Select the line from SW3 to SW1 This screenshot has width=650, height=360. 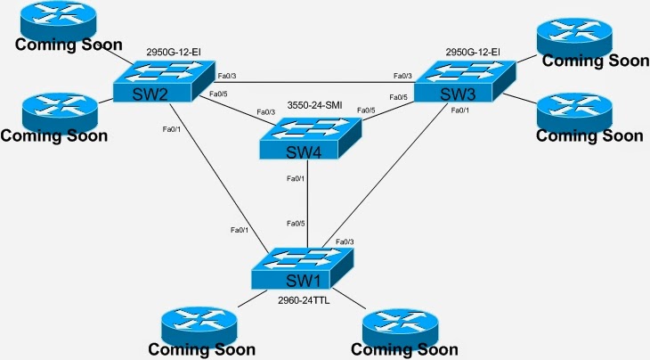tap(392, 169)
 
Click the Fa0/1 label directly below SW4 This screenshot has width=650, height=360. tap(296, 179)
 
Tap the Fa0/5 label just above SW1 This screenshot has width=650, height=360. tap(296, 223)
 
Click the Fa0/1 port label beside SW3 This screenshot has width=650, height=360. tap(460, 110)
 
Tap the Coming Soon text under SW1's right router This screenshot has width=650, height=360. tap(404, 349)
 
